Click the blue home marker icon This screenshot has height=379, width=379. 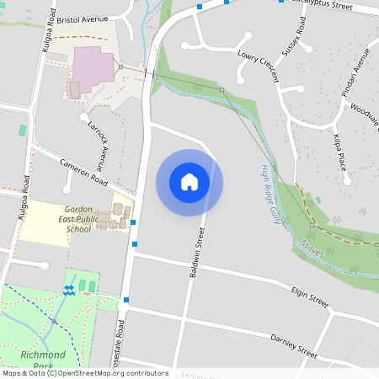189,182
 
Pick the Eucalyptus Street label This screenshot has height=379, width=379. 319,4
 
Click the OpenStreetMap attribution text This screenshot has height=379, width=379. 84,373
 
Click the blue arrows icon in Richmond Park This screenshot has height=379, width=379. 68,289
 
